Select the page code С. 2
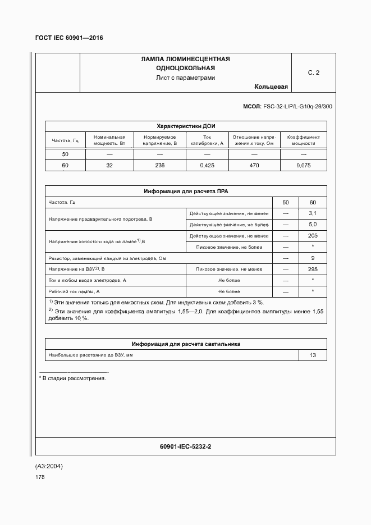point(313,72)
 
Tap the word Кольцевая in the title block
point(271,86)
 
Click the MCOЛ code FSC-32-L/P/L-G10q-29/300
point(287,106)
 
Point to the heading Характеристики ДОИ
point(185,126)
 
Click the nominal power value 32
point(109,165)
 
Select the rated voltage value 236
point(160,165)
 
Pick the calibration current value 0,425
point(207,165)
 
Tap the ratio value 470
point(254,165)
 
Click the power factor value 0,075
point(303,165)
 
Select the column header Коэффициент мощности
point(303,140)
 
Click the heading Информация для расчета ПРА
point(185,191)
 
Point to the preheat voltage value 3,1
point(313,213)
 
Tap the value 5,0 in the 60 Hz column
point(313,225)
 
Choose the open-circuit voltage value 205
point(313,236)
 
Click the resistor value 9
point(313,258)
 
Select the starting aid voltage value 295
point(313,269)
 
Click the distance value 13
point(313,355)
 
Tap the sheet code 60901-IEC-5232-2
point(185,447)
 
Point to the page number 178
point(40,477)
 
